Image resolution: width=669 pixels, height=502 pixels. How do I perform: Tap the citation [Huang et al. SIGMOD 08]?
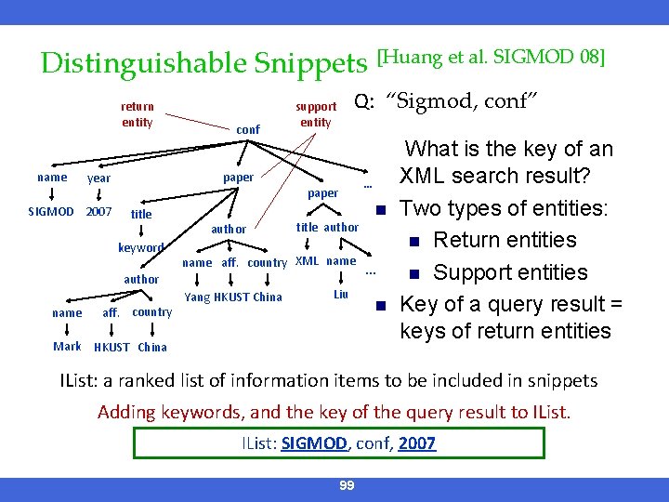click(x=491, y=58)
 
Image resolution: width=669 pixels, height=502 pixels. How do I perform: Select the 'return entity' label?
click(x=138, y=114)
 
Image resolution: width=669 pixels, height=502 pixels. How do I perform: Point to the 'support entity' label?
click(x=316, y=114)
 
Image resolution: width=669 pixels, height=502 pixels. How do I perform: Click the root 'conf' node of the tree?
click(x=248, y=129)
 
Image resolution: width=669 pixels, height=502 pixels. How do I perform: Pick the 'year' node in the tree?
click(x=98, y=178)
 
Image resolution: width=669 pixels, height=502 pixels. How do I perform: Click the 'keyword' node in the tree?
click(x=140, y=247)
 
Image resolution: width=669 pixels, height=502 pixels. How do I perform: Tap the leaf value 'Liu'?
click(x=341, y=294)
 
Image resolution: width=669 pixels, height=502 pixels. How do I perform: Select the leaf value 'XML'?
click(x=307, y=261)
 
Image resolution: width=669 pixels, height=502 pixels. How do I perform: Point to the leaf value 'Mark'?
click(x=67, y=347)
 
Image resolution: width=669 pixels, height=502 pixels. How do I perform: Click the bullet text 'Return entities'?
click(x=505, y=240)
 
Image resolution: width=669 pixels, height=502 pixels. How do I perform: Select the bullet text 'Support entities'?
click(x=511, y=272)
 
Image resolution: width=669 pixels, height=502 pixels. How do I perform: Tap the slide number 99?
click(x=348, y=486)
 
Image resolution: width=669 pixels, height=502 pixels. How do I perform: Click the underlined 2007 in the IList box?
click(x=416, y=443)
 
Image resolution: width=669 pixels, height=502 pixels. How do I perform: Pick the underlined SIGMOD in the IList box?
click(x=314, y=443)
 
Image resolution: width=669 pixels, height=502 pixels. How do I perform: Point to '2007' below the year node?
click(x=98, y=212)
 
